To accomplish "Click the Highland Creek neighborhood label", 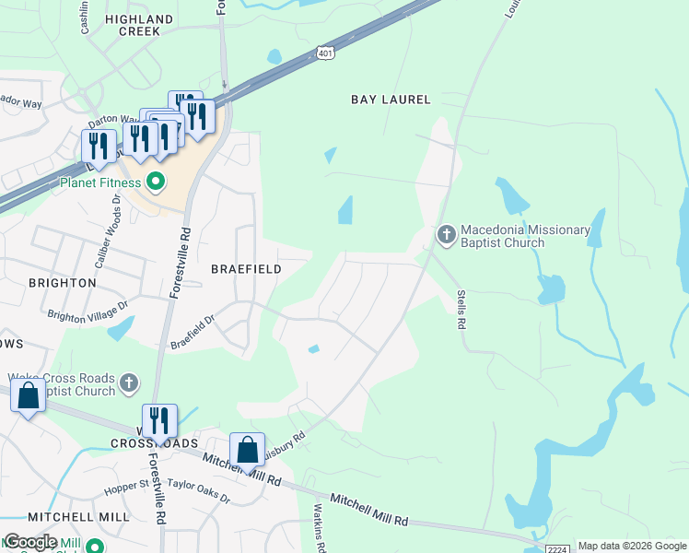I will [139, 25].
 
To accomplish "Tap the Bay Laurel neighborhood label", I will [391, 100].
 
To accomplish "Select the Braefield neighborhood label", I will [246, 269].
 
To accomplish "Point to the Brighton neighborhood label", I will [63, 283].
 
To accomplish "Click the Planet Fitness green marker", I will [156, 182].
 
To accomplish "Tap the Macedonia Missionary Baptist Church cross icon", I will [446, 236].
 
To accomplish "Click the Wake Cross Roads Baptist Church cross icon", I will [129, 382].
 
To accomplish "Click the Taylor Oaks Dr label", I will [199, 488].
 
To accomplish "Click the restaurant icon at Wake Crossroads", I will [159, 420].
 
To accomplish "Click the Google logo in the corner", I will [30, 542].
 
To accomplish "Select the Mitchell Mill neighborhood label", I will [78, 517].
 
